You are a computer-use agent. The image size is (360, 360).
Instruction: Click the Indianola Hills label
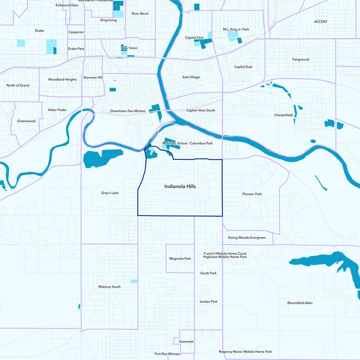(180, 186)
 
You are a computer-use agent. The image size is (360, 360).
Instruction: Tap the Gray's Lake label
(109, 193)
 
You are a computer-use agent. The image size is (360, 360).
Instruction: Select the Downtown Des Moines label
(128, 111)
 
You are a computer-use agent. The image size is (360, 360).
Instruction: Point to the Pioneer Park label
(252, 194)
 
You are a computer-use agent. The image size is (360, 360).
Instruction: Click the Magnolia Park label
(180, 259)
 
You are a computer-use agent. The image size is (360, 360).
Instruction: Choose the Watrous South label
(109, 287)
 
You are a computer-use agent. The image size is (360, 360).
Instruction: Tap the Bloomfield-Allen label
(300, 303)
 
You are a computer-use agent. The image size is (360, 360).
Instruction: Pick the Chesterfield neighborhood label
(283, 115)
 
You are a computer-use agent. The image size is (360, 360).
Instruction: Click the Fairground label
(301, 59)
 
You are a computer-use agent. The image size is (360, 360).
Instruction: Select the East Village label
(191, 77)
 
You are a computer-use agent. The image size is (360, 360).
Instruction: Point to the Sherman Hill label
(93, 77)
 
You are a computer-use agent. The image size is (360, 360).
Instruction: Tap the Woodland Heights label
(62, 80)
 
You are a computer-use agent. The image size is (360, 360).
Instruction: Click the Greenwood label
(26, 121)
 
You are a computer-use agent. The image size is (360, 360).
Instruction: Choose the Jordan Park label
(208, 301)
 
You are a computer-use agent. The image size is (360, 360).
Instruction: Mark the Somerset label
(186, 342)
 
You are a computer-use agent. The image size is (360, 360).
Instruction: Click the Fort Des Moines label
(167, 354)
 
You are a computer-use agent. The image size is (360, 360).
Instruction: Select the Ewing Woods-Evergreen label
(247, 238)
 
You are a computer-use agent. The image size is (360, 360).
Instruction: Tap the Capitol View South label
(201, 110)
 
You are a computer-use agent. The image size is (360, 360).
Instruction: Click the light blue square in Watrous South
(134, 281)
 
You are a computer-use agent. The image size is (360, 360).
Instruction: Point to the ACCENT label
(321, 22)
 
